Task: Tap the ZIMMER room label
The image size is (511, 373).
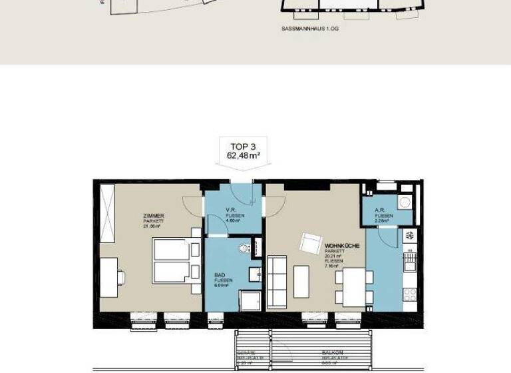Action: [153, 216]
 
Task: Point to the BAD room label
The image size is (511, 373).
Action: [220, 274]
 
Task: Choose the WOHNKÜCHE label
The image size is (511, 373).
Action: [343, 246]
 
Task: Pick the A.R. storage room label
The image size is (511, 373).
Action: [383, 212]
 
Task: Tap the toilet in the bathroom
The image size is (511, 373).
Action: [245, 248]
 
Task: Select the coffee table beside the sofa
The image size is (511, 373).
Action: [302, 281]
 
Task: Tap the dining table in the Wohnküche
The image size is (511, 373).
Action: [350, 286]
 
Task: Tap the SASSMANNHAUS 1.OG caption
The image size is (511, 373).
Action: [310, 30]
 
